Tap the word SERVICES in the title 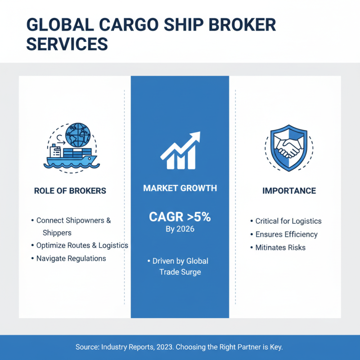pos(67,44)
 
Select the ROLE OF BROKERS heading pos(70,191)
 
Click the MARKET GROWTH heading pos(180,188)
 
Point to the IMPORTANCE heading pos(289,191)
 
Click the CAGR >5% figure pos(180,217)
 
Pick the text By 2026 pos(180,229)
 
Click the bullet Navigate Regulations pos(71,258)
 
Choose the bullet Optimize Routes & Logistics pos(82,245)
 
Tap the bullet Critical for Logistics pos(288,221)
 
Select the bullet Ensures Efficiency pos(286,234)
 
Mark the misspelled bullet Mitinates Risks pos(280,247)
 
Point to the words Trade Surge pos(180,272)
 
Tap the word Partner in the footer pos(247,347)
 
